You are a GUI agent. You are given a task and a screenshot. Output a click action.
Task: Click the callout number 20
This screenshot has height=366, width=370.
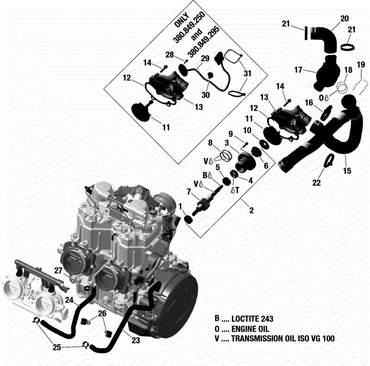click(x=344, y=18)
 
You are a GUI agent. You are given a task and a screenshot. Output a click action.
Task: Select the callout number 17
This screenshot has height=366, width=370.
click(x=299, y=70)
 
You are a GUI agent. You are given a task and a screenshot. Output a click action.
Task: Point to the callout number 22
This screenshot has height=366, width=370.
click(x=316, y=183)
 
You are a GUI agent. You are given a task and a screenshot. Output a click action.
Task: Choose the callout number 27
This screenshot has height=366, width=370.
click(x=58, y=270)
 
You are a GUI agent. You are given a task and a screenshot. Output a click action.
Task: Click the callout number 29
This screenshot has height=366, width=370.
click(x=205, y=58)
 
